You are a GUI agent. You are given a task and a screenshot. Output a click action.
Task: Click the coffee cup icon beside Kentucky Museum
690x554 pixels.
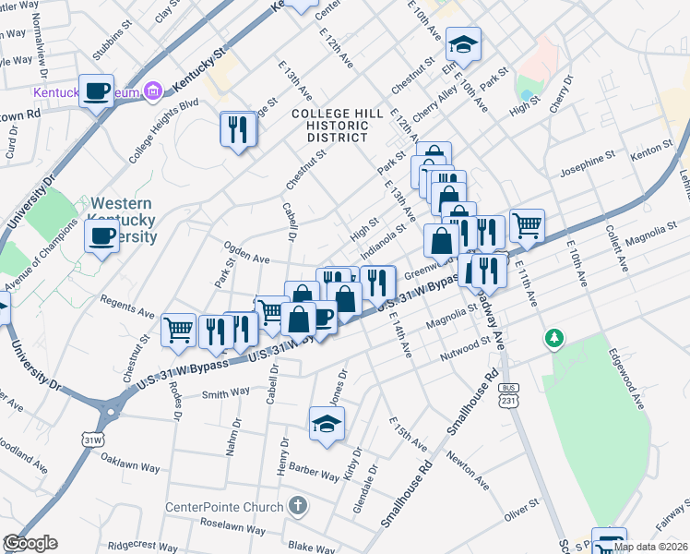pyautogui.click(x=97, y=91)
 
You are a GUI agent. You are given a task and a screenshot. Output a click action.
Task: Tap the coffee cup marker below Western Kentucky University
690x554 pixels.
pyautogui.click(x=101, y=236)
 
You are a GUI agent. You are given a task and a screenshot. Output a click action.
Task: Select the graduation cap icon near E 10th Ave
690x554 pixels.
pyautogui.click(x=463, y=43)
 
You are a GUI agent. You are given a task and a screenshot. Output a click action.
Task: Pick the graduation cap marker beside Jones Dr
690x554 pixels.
pyautogui.click(x=326, y=423)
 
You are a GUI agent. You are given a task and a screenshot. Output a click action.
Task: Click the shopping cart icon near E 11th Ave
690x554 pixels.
pyautogui.click(x=527, y=224)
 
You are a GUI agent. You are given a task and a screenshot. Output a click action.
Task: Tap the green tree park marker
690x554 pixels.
pyautogui.click(x=553, y=338)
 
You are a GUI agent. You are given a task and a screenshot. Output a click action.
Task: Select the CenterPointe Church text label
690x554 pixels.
pyautogui.click(x=224, y=507)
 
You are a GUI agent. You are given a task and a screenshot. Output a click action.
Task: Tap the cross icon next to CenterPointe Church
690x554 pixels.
pyautogui.click(x=296, y=506)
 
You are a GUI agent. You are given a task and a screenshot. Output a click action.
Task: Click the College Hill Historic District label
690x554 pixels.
pyautogui.click(x=330, y=125)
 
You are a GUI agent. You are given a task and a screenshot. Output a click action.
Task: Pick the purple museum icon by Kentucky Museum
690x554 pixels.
pyautogui.click(x=154, y=90)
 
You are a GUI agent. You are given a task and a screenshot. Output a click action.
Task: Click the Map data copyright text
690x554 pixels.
pyautogui.click(x=649, y=547)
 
